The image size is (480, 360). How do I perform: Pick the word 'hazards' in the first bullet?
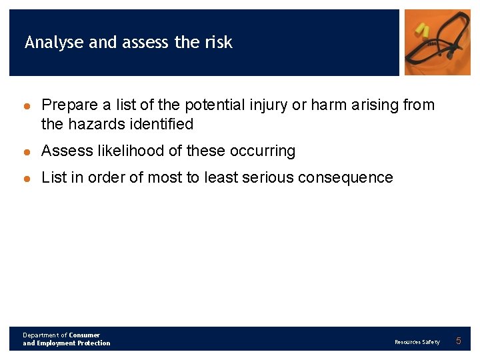pyautogui.click(x=93, y=124)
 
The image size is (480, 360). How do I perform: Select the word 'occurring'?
pyautogui.click(x=262, y=151)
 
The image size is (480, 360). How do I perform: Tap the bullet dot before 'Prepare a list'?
pyautogui.click(x=27, y=106)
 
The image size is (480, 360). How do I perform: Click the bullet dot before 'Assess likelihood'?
pyautogui.click(x=27, y=152)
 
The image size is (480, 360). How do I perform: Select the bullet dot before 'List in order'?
pyautogui.click(x=27, y=179)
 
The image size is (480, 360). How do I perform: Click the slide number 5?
pyautogui.click(x=458, y=341)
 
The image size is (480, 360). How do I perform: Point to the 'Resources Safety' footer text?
pyautogui.click(x=417, y=342)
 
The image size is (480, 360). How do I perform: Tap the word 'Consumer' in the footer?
pyautogui.click(x=85, y=335)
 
